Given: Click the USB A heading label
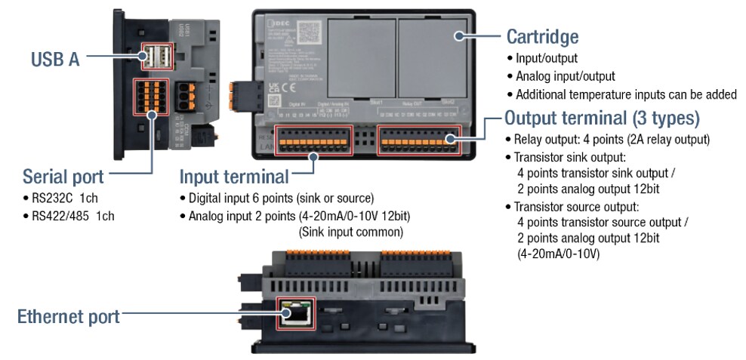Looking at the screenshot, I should (x=55, y=59).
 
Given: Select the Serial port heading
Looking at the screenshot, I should (x=63, y=177).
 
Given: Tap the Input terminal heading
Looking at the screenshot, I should (x=234, y=177).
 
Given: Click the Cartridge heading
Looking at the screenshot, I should (x=542, y=36).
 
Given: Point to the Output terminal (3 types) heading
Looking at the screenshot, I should (x=602, y=118).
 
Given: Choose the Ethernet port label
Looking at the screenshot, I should (x=68, y=316).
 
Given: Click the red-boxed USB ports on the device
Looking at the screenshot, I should (x=157, y=57).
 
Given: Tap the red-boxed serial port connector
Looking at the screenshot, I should (x=150, y=97).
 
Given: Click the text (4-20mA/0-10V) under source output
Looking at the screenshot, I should (x=558, y=254).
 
